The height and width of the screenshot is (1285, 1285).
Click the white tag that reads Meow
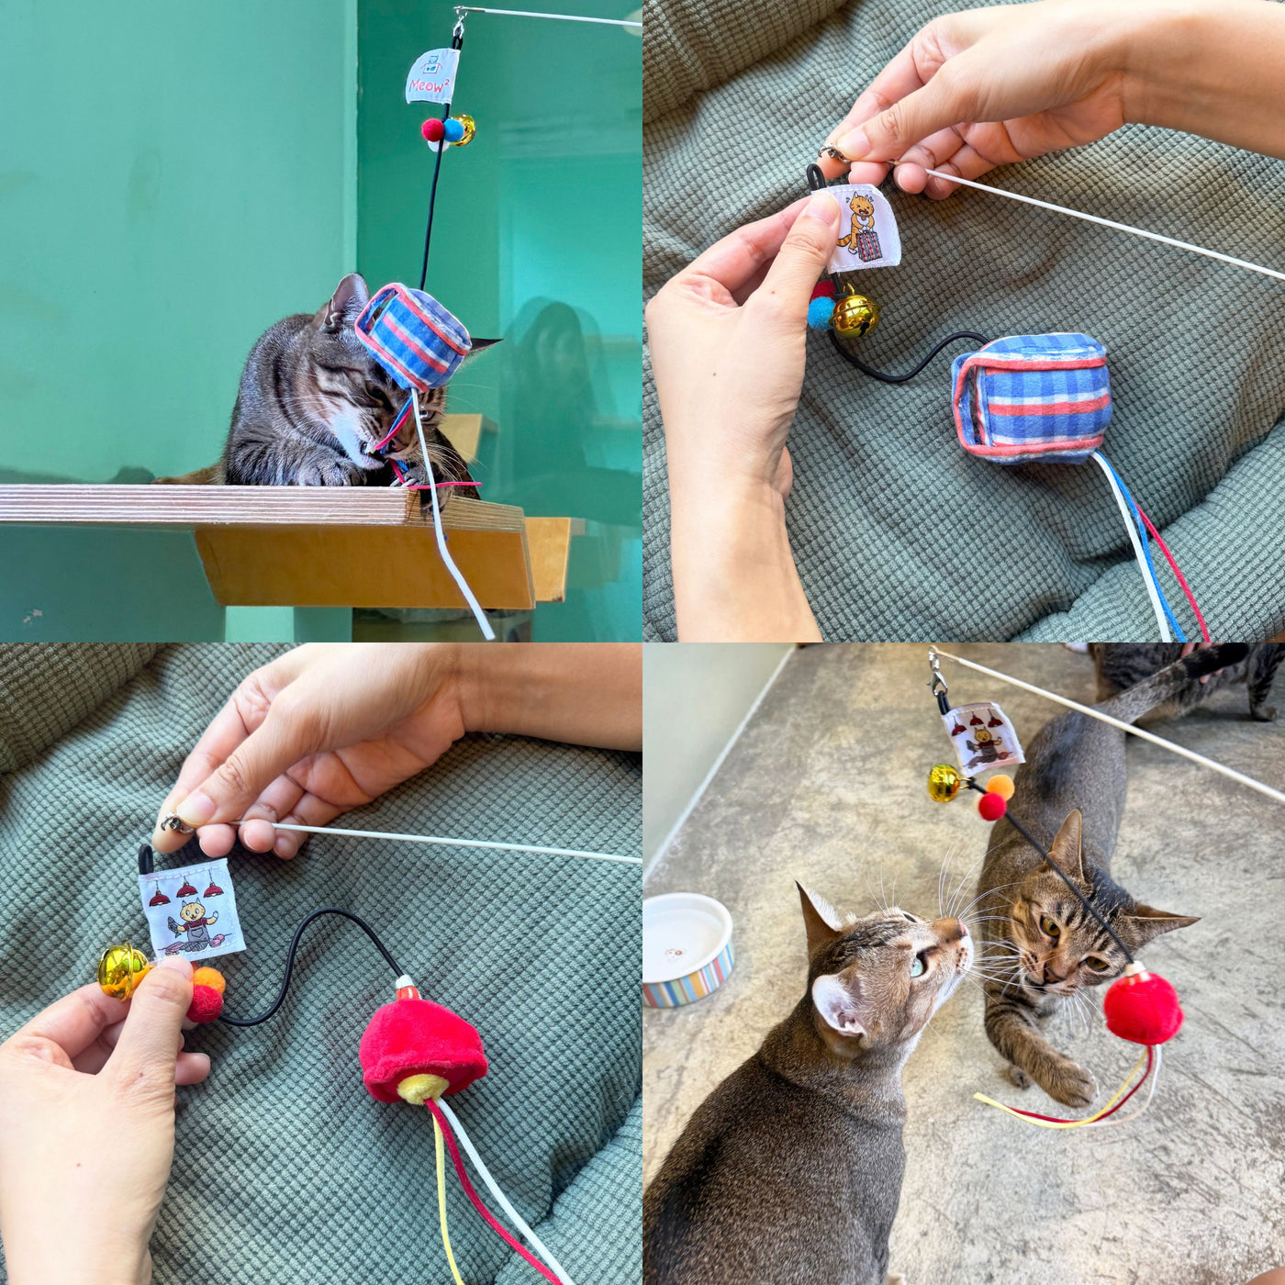(x=431, y=75)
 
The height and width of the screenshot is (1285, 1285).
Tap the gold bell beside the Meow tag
(x=464, y=129)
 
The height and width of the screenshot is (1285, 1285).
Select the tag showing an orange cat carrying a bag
(x=861, y=229)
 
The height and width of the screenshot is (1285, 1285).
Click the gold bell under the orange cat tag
(x=855, y=315)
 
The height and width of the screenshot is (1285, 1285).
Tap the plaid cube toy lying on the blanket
(x=1032, y=397)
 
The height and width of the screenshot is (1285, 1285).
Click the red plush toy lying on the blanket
(x=422, y=1046)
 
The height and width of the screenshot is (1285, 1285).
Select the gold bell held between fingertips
(x=122, y=970)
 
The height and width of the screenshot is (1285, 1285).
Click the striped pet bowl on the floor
(x=687, y=950)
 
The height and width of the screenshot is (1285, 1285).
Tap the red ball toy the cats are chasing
(x=1142, y=1008)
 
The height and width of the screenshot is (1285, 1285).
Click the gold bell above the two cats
(x=944, y=782)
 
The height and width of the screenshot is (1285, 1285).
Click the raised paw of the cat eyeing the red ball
(x=1065, y=1081)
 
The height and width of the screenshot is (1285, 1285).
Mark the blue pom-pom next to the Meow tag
(x=453, y=130)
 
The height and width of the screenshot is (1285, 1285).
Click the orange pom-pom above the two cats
(x=1000, y=787)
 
